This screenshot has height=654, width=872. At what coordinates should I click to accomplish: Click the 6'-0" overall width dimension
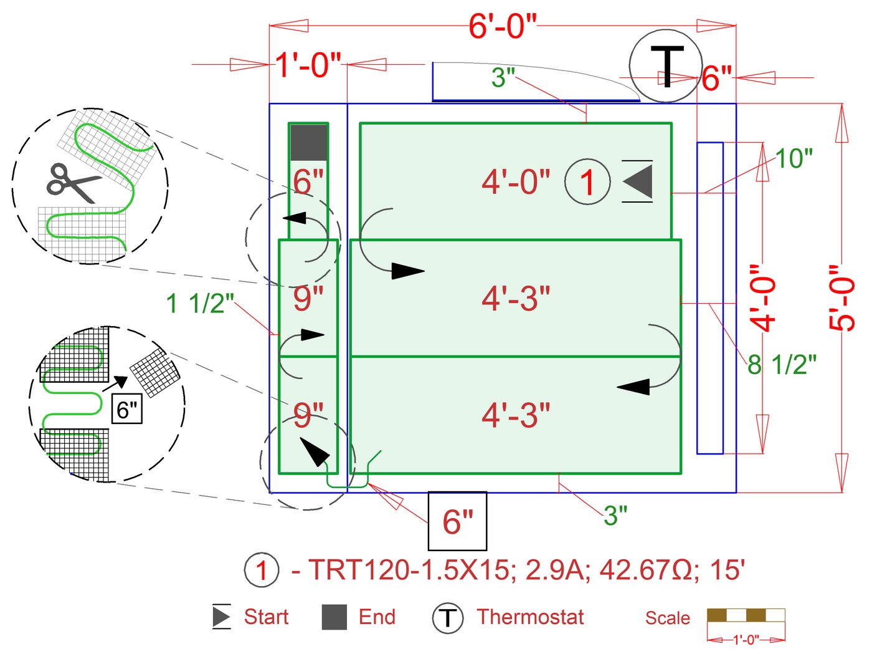click(502, 26)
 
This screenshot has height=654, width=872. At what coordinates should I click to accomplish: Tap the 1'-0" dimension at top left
click(308, 64)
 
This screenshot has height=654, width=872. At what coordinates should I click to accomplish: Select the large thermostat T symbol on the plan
click(665, 67)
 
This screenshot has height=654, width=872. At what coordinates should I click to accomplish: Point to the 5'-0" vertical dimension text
click(842, 298)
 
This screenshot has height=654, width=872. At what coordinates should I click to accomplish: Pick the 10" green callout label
click(794, 159)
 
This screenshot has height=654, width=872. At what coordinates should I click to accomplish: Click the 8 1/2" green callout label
click(782, 365)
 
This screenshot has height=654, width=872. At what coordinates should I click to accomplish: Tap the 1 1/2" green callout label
click(200, 304)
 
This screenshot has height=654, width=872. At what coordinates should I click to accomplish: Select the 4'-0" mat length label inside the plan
click(516, 182)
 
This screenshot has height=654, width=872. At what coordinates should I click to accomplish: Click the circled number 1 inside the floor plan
click(587, 182)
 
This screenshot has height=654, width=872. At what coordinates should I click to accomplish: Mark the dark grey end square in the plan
click(309, 143)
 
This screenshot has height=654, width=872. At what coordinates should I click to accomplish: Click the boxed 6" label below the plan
click(457, 521)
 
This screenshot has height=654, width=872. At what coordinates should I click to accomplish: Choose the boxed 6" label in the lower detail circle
click(127, 409)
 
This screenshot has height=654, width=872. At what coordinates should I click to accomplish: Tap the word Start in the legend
click(266, 617)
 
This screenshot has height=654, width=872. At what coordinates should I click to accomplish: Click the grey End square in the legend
click(334, 617)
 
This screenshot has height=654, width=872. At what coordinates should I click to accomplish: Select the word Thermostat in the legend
click(530, 617)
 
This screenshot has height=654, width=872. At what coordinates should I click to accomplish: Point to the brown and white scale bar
click(746, 615)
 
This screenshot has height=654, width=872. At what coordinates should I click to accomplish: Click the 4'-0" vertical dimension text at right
click(764, 298)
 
